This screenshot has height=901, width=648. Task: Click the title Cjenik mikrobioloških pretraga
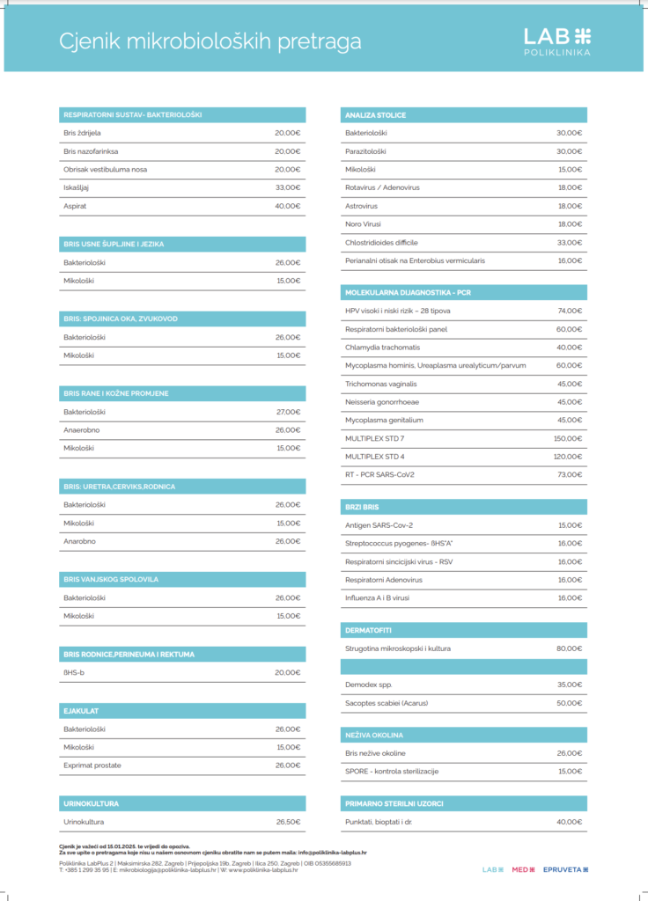[210, 41]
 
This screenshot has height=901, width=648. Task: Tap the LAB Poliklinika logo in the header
[557, 40]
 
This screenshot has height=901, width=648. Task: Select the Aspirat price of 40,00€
[287, 206]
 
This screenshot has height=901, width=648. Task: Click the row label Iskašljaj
[76, 187]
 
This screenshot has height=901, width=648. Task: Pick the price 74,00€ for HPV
[569, 311]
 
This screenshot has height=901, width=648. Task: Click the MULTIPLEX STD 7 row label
[374, 438]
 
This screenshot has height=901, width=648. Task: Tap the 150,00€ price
[567, 438]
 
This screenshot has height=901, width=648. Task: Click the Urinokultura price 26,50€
[287, 822]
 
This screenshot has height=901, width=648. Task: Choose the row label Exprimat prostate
[92, 765]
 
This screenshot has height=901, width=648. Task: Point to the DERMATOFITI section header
[368, 630]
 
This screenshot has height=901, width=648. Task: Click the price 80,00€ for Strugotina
[569, 648]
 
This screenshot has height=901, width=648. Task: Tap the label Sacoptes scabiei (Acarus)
[387, 703]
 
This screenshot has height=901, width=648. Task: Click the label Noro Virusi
[363, 224]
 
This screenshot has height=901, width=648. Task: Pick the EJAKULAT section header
[80, 710]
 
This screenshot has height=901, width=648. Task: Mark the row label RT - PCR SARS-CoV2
[379, 475]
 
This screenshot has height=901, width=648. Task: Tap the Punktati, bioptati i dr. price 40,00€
[569, 822]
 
